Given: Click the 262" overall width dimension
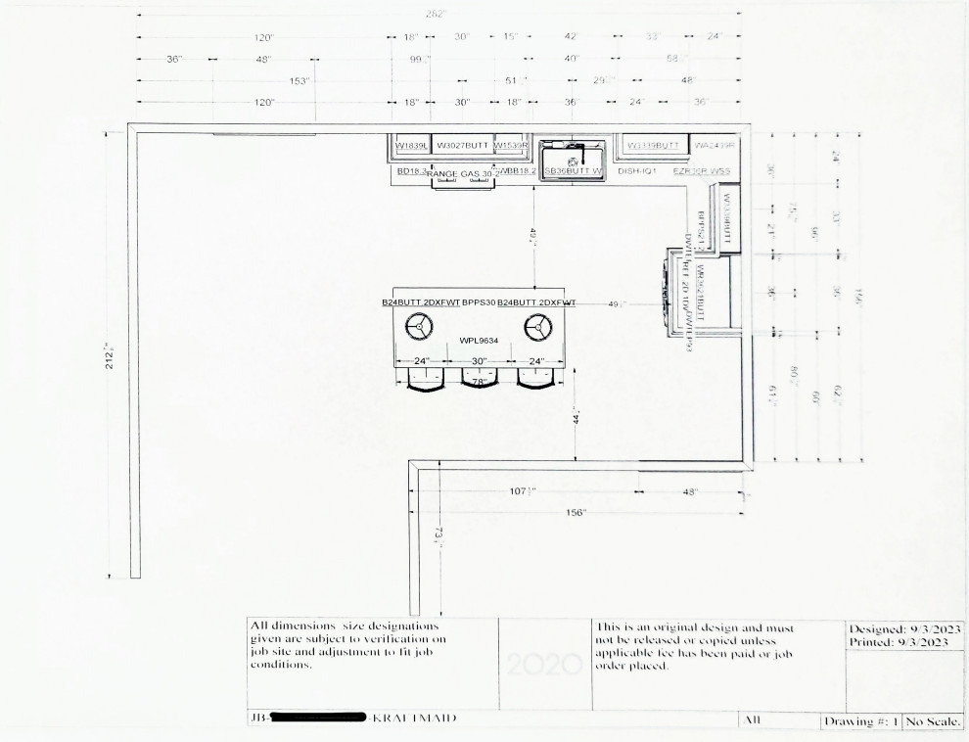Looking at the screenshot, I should coord(437,15).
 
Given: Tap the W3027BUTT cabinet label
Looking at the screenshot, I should coord(462,145).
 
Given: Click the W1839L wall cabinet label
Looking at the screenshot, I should coord(411,146).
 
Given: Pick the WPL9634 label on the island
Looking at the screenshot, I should coord(479,341).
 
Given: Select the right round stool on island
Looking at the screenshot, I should coord(536,326).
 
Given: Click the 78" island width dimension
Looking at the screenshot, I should coord(480,382).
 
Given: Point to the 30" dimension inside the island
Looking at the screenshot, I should coord(480,361).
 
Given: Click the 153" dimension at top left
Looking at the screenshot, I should coord(299,81).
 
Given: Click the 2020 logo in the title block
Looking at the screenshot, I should coord(545,665).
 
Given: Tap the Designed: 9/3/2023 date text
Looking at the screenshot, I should coord(905,628).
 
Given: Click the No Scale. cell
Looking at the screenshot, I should coord(933,721).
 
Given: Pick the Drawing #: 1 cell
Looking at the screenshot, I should coord(860,721).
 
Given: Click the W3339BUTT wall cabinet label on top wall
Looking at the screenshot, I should coord(653,146).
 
